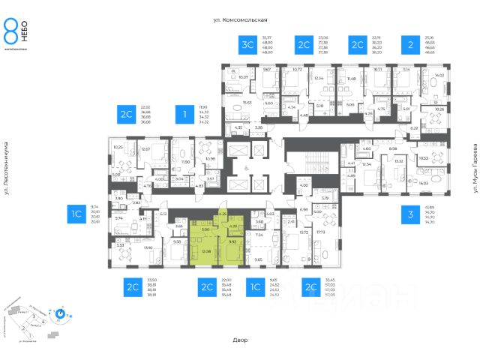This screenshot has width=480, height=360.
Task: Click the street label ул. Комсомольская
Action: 239,21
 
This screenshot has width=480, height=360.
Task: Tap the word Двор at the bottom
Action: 240,340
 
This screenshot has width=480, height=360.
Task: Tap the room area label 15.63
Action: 246,103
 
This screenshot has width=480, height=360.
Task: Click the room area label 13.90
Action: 148,248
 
